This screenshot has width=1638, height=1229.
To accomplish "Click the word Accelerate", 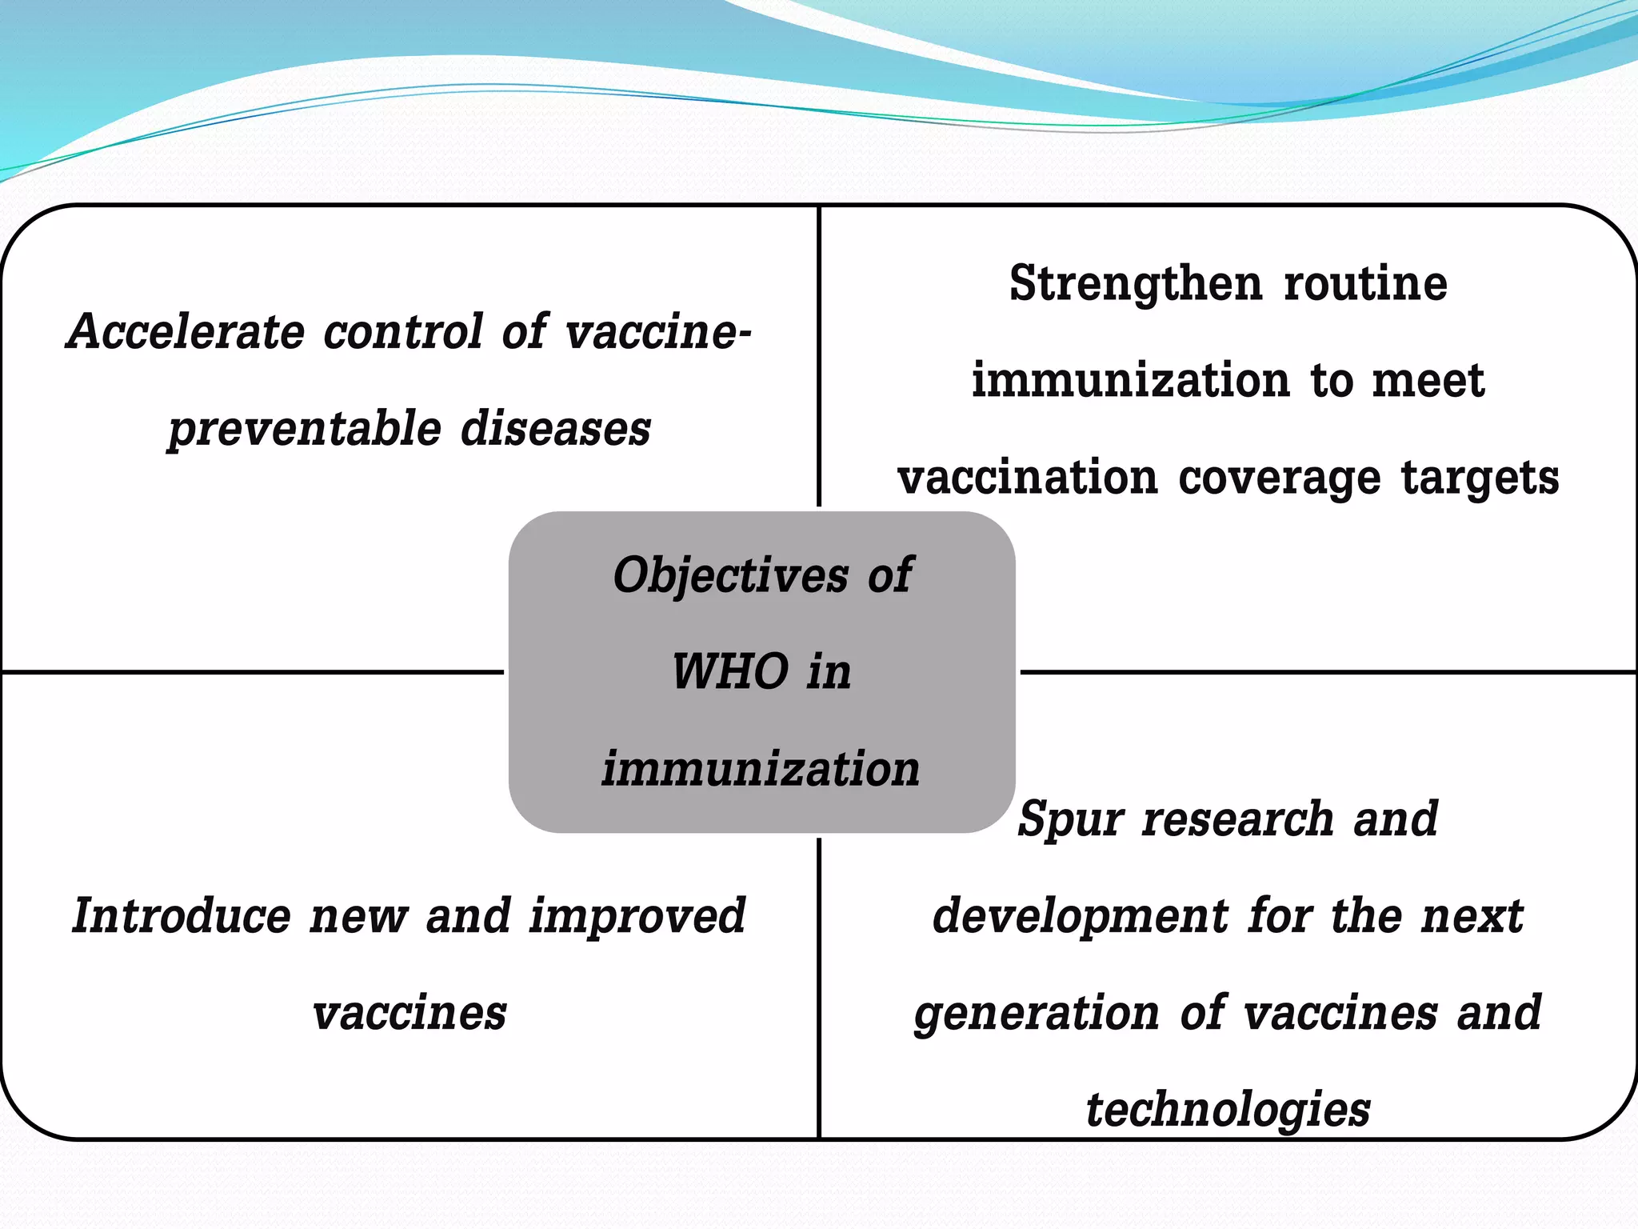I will pos(186,331).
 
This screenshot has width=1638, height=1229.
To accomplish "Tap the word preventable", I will pos(304,429).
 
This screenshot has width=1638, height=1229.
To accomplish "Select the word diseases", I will pos(556,429).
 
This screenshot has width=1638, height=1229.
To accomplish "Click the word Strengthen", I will pos(1137,285).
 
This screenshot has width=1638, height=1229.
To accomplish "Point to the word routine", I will pos(1365,283).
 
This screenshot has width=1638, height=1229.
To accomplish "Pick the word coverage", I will pos(1279,478).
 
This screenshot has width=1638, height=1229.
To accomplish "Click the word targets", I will pos(1480,478).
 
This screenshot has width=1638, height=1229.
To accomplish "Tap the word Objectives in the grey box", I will pos(730,575).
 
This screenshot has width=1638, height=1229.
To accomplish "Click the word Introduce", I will pos(182,915).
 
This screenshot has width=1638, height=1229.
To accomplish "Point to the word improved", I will pos(637,917).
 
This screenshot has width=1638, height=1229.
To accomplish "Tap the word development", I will pos(1080,917).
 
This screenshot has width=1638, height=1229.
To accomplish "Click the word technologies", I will pos(1228,1111).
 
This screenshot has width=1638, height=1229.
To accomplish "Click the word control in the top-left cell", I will pos(403,331).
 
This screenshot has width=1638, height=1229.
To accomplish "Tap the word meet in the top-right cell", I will pos(1428,381).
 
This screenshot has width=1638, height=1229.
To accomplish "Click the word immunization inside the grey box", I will pos(761,769).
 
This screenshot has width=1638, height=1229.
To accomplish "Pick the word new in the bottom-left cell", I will pos(358,917).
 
